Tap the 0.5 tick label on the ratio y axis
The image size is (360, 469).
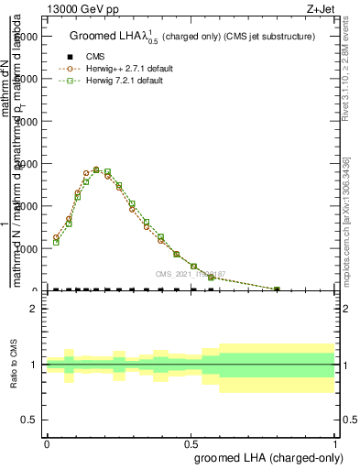(x=28, y=420)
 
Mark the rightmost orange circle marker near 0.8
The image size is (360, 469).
(x=278, y=289)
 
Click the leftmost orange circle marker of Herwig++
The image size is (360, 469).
(x=56, y=237)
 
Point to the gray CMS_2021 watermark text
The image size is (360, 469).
(x=194, y=274)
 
